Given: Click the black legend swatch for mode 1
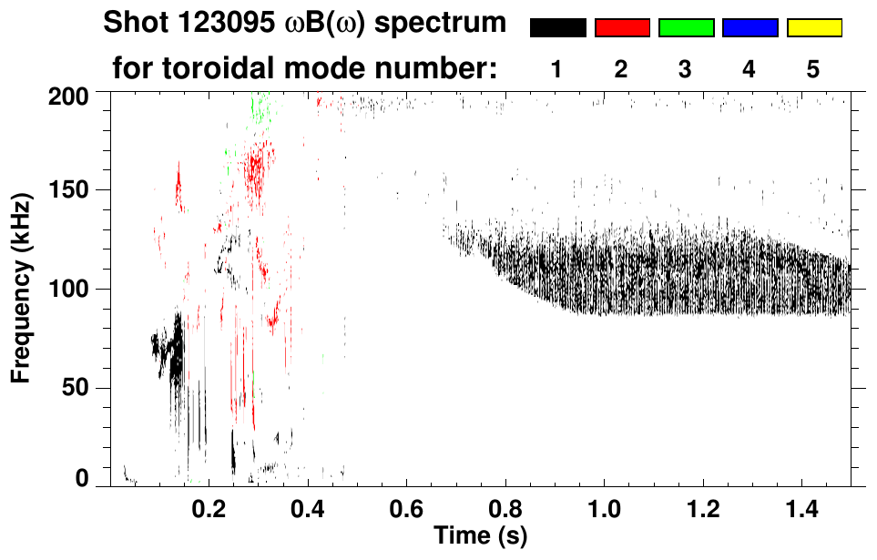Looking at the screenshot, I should [x=557, y=28].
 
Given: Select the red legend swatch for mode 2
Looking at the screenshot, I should [x=622, y=28].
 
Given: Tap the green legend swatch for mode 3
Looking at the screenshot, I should [x=686, y=28].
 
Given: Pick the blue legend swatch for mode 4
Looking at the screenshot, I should [x=750, y=28].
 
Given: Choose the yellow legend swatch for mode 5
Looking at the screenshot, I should [x=814, y=28].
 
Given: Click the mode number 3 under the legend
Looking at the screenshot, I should [x=686, y=69].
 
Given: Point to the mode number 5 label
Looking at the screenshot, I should [x=814, y=69].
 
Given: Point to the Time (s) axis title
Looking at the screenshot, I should [x=480, y=535].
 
